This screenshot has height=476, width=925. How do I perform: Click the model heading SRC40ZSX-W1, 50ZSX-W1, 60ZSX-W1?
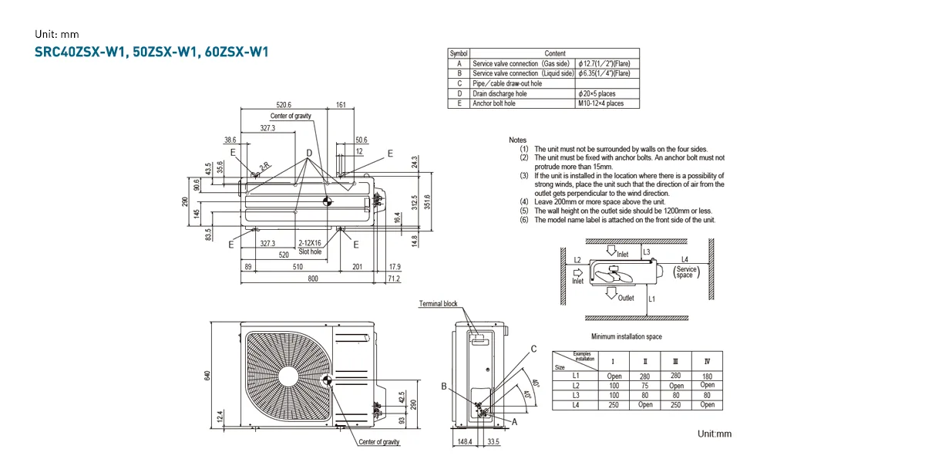tap(151, 52)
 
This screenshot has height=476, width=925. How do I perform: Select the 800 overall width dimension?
tap(313, 279)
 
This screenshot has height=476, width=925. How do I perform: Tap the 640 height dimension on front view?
tap(207, 375)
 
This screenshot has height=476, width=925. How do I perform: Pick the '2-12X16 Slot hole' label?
tap(311, 248)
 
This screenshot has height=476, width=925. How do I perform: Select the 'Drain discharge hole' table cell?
tap(499, 93)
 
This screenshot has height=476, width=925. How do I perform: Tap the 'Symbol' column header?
tap(459, 53)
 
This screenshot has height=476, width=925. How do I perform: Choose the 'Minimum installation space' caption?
tap(626, 337)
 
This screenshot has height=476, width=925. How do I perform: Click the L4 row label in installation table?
tap(575, 405)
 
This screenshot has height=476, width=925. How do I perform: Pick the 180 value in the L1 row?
tap(708, 376)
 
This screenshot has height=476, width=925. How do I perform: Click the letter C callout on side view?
tap(533, 349)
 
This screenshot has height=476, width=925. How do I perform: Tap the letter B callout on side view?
tap(444, 387)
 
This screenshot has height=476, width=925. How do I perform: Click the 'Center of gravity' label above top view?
tap(291, 116)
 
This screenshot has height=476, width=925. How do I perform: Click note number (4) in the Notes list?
tap(524, 202)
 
